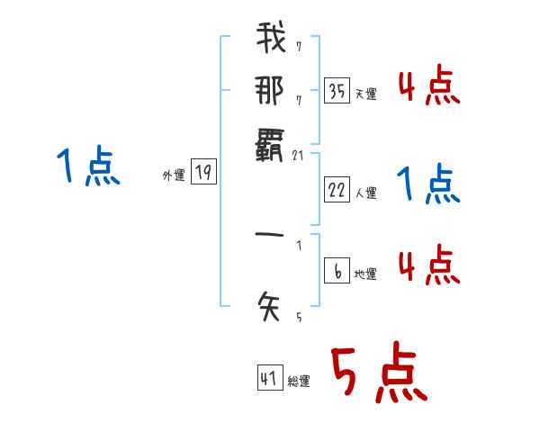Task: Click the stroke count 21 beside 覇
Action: tap(300, 155)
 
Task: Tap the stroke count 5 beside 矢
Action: tap(298, 317)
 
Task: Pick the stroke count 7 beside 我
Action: tap(298, 47)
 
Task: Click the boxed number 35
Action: tap(337, 91)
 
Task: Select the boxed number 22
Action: tap(337, 189)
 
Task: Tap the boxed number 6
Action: tap(337, 271)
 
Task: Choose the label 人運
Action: tap(365, 193)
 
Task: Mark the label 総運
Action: tap(299, 382)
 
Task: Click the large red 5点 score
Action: tap(377, 373)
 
